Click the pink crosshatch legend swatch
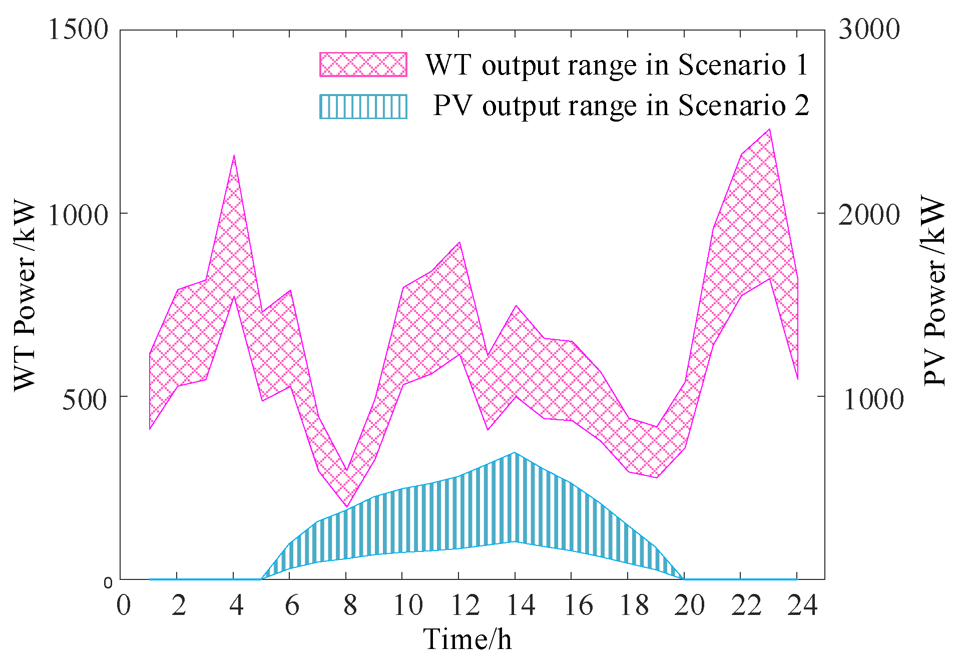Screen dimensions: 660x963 coord(363,65)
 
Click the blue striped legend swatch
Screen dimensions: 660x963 coord(363,106)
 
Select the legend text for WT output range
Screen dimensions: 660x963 coord(617,65)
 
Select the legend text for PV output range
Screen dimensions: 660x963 coord(621,106)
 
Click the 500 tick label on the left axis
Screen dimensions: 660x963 coord(85,400)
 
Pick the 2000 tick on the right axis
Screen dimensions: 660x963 coord(869,215)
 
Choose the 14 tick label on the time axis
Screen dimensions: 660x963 coord(521,605)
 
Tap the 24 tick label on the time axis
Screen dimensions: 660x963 coord(802,605)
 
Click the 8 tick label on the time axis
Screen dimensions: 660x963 coord(350,605)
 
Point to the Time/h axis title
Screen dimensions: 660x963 coord(467,639)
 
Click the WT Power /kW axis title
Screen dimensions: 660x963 coord(25,295)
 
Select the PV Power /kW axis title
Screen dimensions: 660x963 coord(934,290)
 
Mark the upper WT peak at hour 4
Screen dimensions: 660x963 coord(234,156)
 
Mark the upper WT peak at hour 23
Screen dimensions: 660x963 coord(769,129)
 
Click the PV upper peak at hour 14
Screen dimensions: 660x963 coord(515,453)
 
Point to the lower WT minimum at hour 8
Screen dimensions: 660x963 coord(346,507)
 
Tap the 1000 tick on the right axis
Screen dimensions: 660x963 coord(873,400)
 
